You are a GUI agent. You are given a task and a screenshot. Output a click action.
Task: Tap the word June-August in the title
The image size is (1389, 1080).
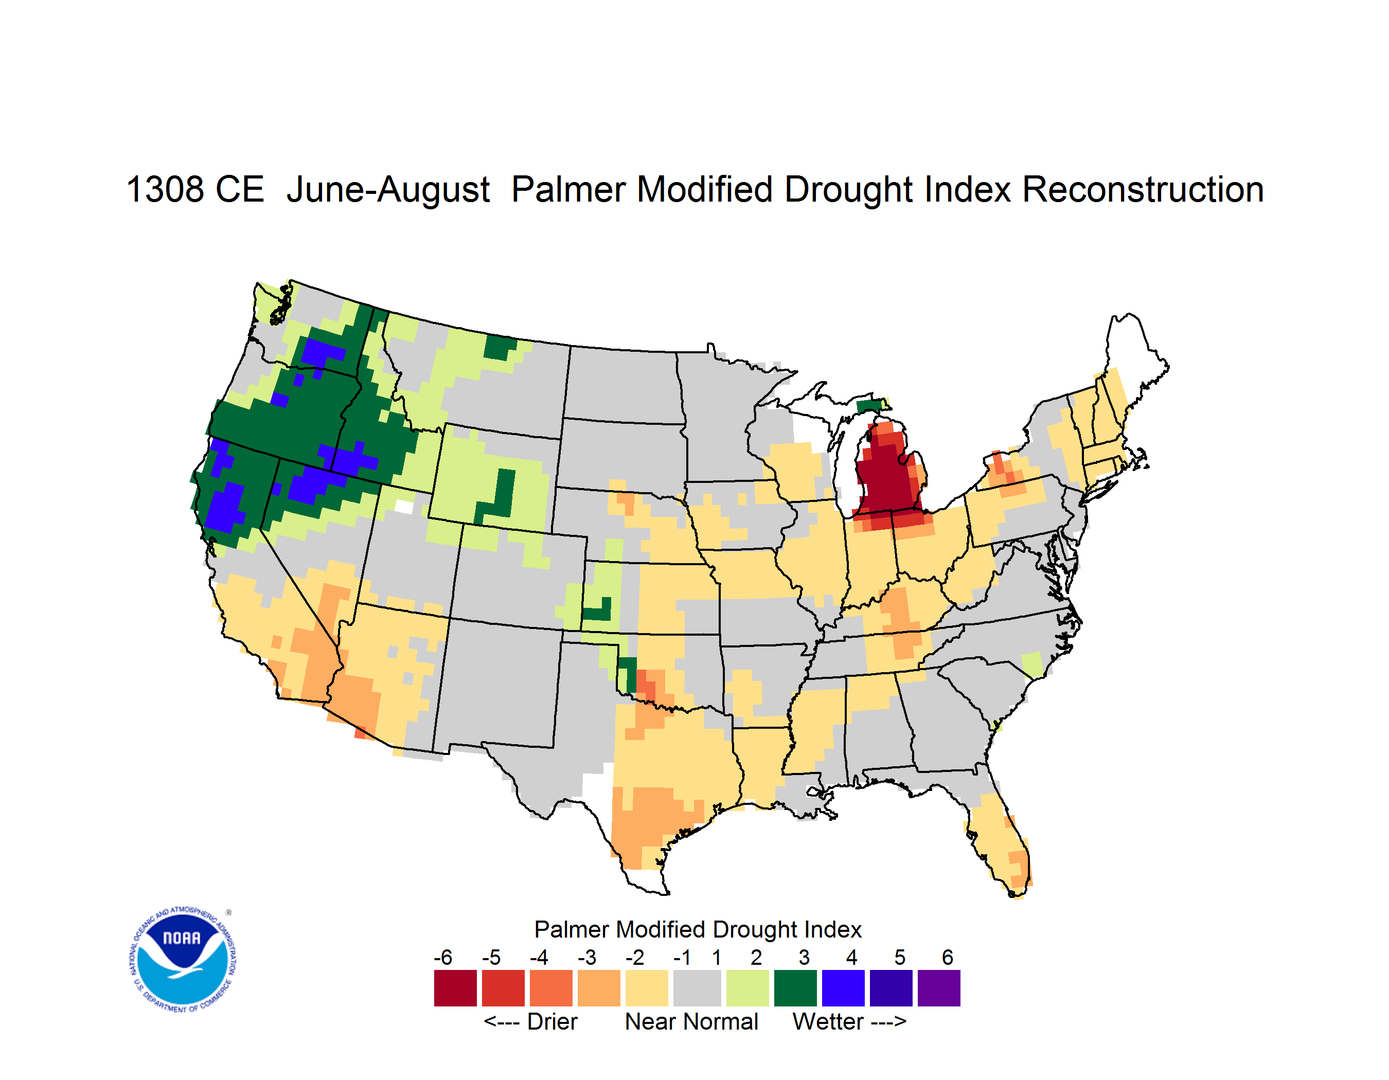[388, 190]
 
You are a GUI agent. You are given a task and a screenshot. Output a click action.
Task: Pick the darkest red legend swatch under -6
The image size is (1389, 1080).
[455, 988]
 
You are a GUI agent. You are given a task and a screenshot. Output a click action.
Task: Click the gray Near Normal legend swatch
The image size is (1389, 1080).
[697, 988]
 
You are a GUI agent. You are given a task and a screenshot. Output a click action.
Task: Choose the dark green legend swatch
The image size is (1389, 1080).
[795, 988]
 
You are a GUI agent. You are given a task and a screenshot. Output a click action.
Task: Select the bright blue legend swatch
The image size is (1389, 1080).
[843, 988]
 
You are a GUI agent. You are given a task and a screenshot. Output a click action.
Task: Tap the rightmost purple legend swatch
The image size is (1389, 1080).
[939, 988]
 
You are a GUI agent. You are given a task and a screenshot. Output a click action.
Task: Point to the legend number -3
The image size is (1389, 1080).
[586, 957]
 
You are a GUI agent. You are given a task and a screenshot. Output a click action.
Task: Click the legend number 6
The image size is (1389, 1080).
[947, 957]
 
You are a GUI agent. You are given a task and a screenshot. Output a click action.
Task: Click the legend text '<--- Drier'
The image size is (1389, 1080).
[530, 1021]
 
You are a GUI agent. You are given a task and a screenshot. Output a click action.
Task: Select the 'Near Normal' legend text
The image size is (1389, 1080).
[691, 1021]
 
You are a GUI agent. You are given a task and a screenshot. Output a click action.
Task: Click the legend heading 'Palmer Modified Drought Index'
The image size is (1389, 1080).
[698, 929]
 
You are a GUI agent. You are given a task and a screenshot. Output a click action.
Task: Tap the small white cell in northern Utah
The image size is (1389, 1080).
[404, 507]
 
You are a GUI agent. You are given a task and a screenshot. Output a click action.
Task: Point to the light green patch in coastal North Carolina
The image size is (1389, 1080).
[1031, 664]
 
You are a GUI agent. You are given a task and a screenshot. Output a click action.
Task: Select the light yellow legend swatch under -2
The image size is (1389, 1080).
[647, 988]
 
